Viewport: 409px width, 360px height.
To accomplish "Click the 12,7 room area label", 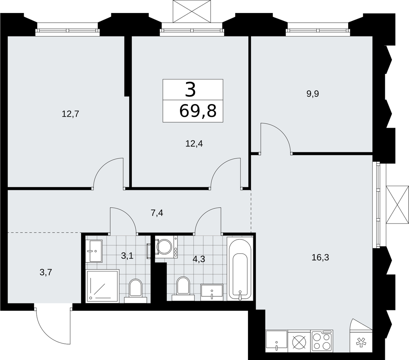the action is click(x=71, y=114).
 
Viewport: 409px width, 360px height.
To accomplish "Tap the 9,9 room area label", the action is click(x=313, y=94).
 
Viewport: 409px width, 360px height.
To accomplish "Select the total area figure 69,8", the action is click(x=198, y=111).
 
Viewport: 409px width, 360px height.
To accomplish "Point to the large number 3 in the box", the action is click(x=190, y=89).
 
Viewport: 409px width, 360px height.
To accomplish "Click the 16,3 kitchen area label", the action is click(x=320, y=257).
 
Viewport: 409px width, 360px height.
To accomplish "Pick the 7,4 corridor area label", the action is click(x=157, y=213).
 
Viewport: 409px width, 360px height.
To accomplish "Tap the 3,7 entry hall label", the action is click(x=46, y=273).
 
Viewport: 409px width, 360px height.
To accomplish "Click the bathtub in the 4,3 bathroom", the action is click(x=240, y=269).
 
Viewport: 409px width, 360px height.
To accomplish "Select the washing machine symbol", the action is click(x=166, y=247).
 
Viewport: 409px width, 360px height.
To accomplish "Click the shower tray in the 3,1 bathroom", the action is click(x=103, y=286).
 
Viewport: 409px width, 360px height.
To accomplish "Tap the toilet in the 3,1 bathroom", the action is click(x=136, y=291).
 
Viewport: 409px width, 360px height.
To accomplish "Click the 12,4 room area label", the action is click(x=194, y=144).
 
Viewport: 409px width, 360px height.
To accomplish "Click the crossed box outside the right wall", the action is click(x=397, y=204).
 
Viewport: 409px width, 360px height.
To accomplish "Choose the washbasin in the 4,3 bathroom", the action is click(x=212, y=292).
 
